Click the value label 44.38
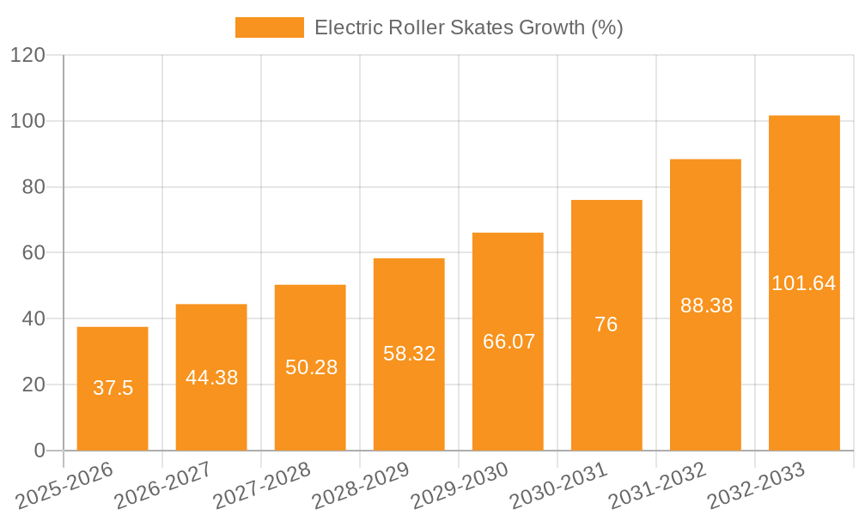211,378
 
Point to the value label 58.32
409,354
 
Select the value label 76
606,324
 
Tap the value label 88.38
706,306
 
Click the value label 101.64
804,283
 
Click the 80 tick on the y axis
33,187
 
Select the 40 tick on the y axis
33,318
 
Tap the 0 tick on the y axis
40,451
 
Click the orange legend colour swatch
270,27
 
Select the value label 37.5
113,388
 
